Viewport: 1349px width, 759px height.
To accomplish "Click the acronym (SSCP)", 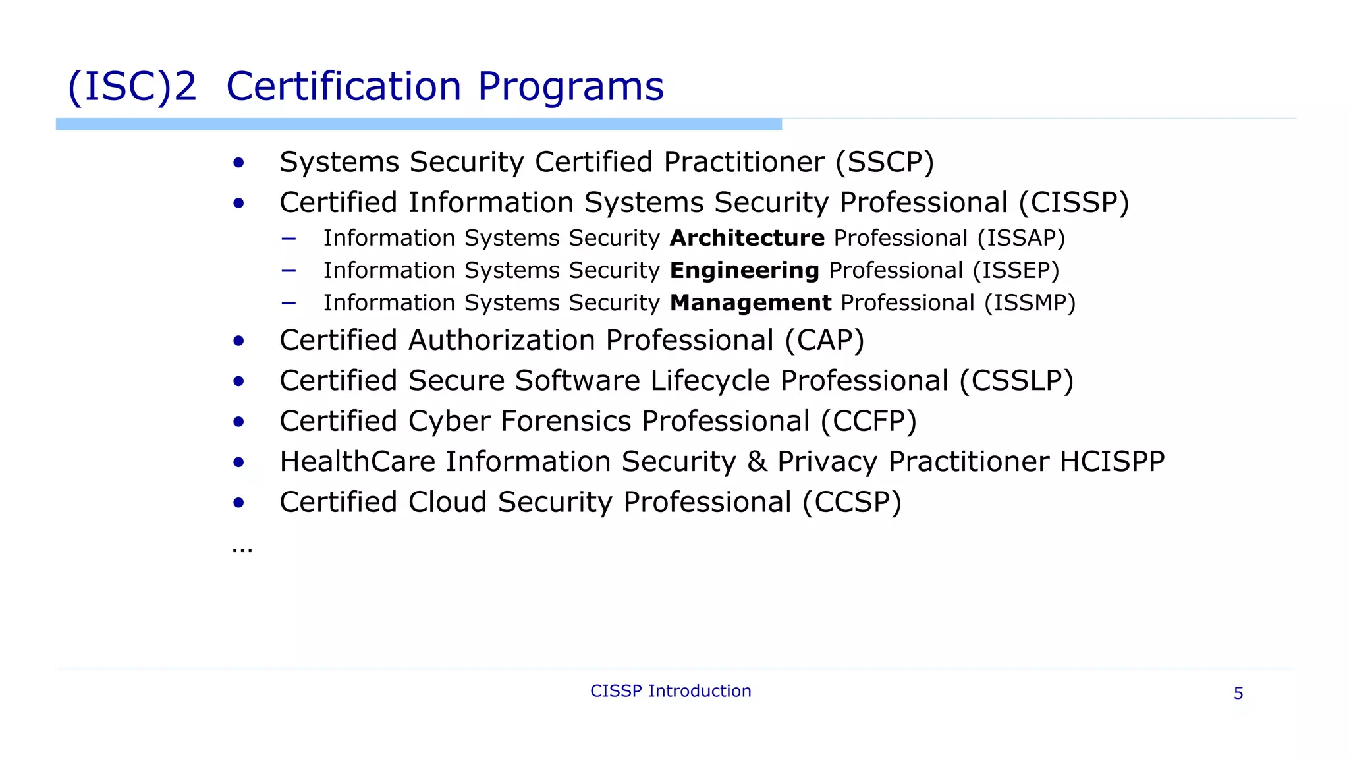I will [x=885, y=162].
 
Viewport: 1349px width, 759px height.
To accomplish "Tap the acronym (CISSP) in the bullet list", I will [x=1074, y=202].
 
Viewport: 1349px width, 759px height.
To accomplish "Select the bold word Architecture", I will [x=747, y=238].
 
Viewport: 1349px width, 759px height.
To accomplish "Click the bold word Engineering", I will [x=744, y=270].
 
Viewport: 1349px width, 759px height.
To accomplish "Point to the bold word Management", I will [x=750, y=302].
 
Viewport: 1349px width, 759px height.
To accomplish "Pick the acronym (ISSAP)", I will [x=1021, y=238].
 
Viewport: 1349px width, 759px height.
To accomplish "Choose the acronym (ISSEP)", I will [x=1016, y=270].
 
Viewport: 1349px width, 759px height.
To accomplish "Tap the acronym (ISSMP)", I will [x=1030, y=302].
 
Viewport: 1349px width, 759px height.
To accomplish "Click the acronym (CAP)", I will [x=824, y=341].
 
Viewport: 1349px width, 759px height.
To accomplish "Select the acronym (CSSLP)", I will [x=1016, y=381].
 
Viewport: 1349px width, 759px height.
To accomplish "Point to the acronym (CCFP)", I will [x=868, y=422].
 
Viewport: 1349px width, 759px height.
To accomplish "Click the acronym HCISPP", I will [x=1112, y=461].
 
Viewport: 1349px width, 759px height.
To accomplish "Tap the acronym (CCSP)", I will [x=852, y=502].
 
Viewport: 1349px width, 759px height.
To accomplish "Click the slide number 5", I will [x=1238, y=693].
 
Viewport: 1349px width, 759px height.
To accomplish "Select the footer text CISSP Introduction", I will [x=671, y=691].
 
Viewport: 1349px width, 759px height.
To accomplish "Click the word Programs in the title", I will [x=570, y=86].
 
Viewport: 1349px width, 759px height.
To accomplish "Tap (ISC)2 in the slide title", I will [x=132, y=86].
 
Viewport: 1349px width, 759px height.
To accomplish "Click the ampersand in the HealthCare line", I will [x=757, y=461].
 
